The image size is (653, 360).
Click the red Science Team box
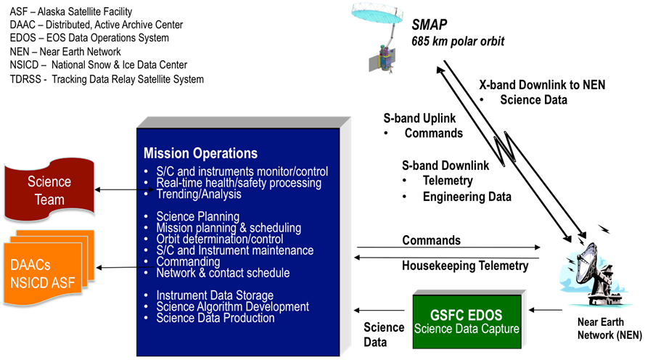coord(49,189)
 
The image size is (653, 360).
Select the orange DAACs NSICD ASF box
coord(48,268)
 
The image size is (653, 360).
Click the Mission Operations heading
coord(200,153)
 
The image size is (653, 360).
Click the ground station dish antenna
coord(594,273)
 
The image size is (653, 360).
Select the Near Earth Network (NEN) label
coord(609,328)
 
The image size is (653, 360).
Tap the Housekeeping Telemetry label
coord(465,266)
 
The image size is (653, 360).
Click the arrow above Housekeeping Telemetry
coord(446,258)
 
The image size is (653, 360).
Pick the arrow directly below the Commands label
coord(448,247)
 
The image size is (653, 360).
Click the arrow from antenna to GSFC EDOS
coord(546,310)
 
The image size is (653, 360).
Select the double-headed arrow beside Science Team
coord(125,190)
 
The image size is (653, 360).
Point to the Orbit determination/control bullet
coord(219,240)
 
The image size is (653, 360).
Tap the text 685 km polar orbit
coord(458,41)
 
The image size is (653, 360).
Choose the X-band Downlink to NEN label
coord(542,85)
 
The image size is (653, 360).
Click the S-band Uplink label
coord(419,118)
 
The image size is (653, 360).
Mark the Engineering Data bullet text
coord(467,197)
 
